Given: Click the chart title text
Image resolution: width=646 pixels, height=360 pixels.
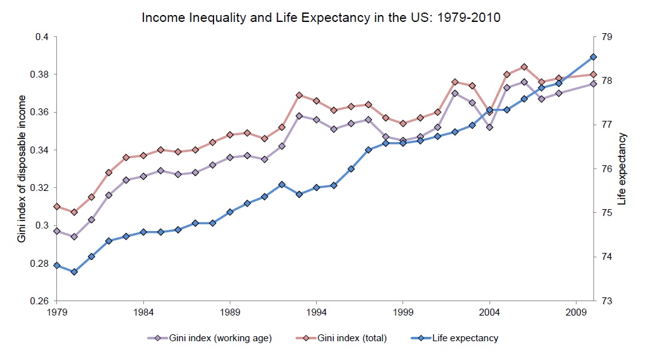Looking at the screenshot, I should point(320,17).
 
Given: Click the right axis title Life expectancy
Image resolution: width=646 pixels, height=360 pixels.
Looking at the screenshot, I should point(621,169).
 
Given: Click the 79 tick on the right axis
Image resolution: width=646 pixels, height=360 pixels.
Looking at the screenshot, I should point(606,37).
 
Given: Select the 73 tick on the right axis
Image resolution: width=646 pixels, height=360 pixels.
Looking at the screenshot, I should point(606,301).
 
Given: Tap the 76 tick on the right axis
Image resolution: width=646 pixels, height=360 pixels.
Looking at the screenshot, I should point(606,169).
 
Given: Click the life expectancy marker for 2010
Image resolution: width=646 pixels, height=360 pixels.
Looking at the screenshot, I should point(593,57).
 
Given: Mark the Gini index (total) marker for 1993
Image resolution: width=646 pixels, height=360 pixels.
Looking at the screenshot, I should point(299,95).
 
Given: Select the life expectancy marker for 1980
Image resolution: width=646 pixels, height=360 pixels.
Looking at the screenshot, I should point(74,272).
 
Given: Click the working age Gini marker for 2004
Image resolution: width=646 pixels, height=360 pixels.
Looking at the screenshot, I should point(490,127).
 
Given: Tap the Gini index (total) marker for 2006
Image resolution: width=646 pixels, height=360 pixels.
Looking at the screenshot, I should point(524,67).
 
